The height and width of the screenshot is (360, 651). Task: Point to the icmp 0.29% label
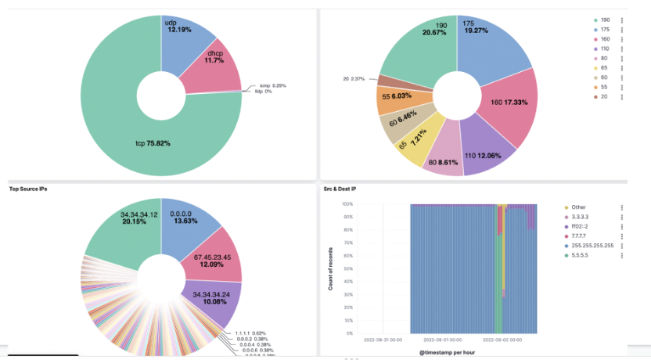tap(275, 85)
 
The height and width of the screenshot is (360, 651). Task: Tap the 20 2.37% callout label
tap(354, 78)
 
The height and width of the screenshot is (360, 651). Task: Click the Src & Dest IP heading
tap(340, 189)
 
